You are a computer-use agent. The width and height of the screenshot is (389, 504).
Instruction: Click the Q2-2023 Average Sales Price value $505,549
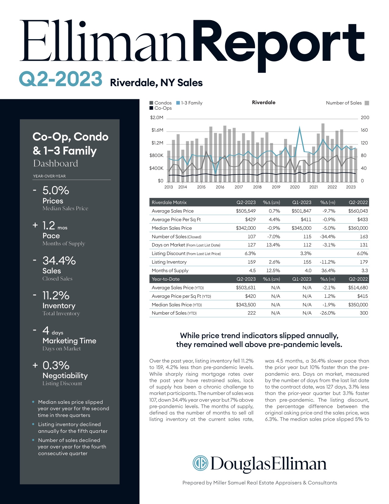(246, 211)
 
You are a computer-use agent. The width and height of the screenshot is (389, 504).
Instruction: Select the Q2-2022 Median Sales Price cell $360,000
(358, 228)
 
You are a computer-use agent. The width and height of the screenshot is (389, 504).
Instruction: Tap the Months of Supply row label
(170, 271)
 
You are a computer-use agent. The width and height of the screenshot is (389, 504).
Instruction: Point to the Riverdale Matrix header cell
(169, 203)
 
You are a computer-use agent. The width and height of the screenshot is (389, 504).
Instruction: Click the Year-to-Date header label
(166, 279)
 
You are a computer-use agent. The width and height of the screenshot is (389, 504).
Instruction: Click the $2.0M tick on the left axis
(157, 118)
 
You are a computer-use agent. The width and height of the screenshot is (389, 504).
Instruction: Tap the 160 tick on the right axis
(364, 130)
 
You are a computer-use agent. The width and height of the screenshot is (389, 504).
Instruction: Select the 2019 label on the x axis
(276, 187)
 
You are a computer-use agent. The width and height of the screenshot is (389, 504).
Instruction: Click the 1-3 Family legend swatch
(178, 103)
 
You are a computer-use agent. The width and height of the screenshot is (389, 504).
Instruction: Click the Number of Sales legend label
(344, 103)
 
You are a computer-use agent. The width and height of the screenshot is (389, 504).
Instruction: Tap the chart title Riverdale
(264, 103)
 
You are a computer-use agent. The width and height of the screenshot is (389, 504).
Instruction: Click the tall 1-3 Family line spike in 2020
(300, 128)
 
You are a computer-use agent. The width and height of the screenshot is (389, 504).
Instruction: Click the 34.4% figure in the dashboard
(59, 261)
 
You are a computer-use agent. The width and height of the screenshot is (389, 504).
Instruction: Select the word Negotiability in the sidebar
(65, 376)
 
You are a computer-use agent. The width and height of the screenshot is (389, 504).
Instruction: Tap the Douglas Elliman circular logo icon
(200, 463)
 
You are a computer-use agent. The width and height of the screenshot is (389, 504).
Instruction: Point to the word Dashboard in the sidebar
(56, 163)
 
